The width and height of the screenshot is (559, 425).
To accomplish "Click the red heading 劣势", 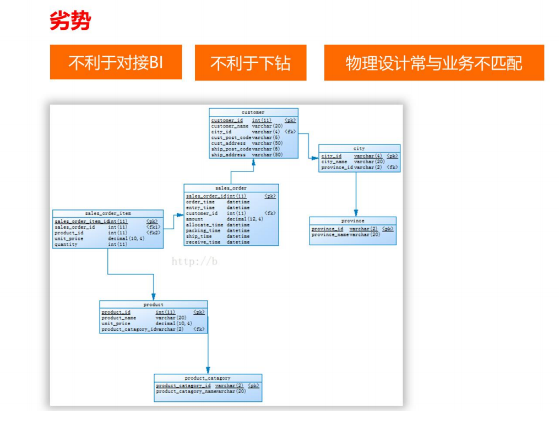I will point(70,21).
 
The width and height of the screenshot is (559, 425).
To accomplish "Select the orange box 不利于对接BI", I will point(116,62).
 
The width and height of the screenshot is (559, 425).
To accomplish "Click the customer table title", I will point(253,112).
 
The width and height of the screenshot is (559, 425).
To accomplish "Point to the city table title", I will point(359,148).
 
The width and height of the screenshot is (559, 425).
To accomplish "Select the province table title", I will point(352,221).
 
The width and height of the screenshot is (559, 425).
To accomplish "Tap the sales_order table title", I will point(231,188).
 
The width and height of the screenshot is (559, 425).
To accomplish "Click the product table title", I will point(153,304).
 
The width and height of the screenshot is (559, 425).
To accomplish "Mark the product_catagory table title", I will point(208,378).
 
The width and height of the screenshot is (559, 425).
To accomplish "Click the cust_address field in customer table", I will point(228,143).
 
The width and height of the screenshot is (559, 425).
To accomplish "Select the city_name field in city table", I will point(334,162).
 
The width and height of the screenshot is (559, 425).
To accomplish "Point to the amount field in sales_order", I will point(194,219).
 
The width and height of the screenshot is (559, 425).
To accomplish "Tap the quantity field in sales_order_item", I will point(66,244).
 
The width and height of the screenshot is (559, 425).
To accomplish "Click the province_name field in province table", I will point(330,235).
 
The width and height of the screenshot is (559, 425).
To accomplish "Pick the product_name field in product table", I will point(118,318).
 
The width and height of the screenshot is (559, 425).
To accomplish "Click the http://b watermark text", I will point(194,261).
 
